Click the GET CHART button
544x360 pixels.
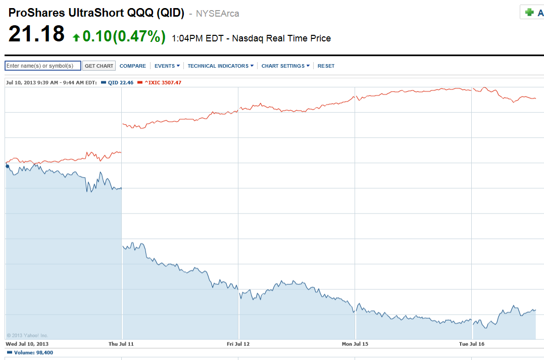[x=99, y=66]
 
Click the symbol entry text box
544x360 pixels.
[x=43, y=66]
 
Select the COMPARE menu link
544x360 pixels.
[x=133, y=66]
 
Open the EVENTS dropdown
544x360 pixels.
[x=167, y=66]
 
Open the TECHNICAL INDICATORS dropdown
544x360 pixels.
[x=220, y=66]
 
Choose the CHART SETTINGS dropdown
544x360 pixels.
[x=285, y=66]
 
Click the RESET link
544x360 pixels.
[x=326, y=66]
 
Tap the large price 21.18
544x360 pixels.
[x=36, y=34]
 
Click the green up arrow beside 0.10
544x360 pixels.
[x=76, y=37]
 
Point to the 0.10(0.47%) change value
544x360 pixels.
[x=124, y=36]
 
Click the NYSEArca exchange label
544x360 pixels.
[x=217, y=14]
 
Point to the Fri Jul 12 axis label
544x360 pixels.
[x=238, y=344]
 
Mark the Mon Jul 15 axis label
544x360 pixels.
[x=356, y=344]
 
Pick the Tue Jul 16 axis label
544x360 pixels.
[x=472, y=344]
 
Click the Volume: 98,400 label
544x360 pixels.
[x=30, y=353]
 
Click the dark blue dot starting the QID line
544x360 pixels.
[x=7, y=166]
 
